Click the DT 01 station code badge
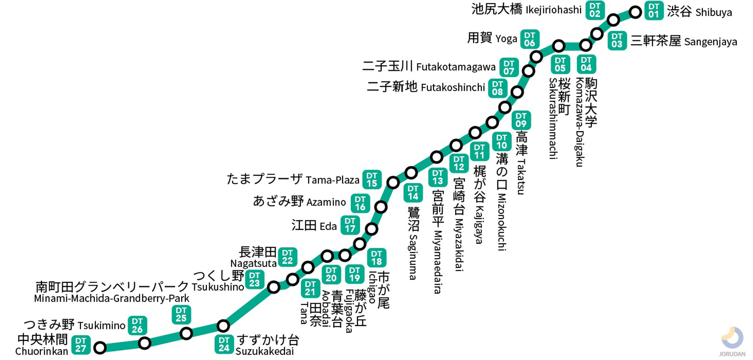coord(654,10)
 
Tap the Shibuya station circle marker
coord(635,12)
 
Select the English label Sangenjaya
coord(710,42)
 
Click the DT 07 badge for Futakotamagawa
coord(509,67)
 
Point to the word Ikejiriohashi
coord(554,10)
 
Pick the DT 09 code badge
coord(521,120)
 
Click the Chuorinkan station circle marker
coord(100,347)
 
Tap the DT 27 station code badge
coord(80,345)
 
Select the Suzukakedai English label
coord(264,352)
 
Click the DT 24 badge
coord(224,344)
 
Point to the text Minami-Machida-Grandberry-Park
coord(112,299)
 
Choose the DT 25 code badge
coord(181,314)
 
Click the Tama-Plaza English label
coord(332,180)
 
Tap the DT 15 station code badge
coord(372,180)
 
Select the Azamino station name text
coord(326,202)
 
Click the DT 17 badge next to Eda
coord(350,225)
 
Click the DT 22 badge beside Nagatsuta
coord(288,257)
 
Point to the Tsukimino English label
coord(101,325)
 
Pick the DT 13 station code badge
coord(437,177)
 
